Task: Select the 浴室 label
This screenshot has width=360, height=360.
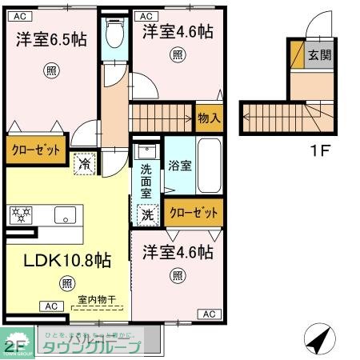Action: tap(180, 166)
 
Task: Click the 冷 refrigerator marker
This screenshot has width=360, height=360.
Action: tap(84, 163)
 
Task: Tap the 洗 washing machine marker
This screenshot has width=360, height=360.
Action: tap(148, 214)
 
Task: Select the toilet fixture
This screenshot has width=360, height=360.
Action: tap(114, 34)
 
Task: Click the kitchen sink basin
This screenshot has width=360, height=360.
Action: tap(64, 214)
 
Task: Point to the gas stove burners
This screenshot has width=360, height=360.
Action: tap(22, 214)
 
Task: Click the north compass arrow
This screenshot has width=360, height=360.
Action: tap(318, 339)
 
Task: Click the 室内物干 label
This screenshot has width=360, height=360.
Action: tap(95, 299)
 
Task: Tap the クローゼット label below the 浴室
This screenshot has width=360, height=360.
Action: tap(195, 213)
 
